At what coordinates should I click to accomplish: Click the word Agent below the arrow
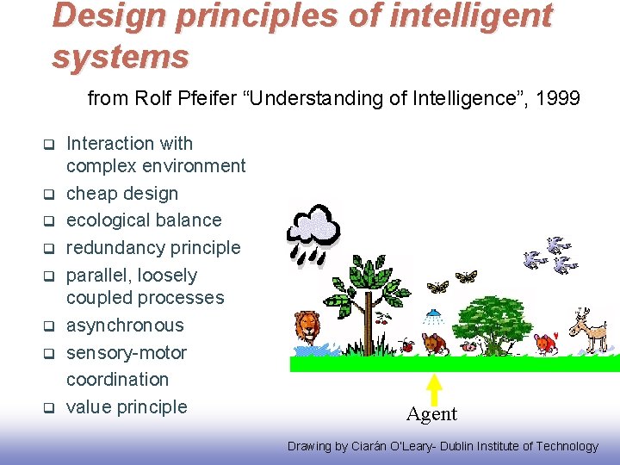click(x=431, y=414)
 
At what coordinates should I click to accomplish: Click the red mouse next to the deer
click(x=546, y=344)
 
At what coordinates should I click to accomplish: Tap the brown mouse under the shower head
click(x=436, y=344)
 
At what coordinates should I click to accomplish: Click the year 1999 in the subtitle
click(x=557, y=99)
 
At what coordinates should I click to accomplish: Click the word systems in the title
click(x=120, y=57)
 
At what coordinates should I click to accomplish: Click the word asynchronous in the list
click(x=125, y=325)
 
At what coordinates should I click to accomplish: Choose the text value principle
click(x=127, y=406)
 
